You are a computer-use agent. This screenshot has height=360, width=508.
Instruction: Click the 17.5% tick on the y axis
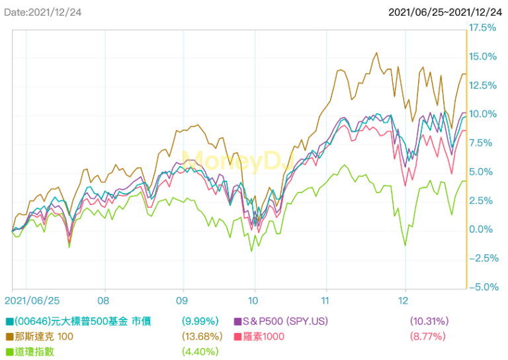tap(483, 28)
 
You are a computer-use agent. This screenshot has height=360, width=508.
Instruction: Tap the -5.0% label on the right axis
tap(483, 287)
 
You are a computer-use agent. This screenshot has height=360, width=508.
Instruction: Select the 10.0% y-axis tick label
tap(483, 114)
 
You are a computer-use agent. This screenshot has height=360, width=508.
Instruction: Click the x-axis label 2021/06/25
tap(36, 299)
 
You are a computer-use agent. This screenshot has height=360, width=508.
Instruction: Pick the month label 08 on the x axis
tap(103, 299)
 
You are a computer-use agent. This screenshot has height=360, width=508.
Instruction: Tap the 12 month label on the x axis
tap(405, 299)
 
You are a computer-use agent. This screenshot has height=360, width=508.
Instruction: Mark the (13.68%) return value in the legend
tap(200, 336)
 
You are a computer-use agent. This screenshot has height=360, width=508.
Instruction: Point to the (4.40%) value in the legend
tap(200, 351)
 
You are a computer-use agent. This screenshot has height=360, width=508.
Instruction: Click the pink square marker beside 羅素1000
tap(238, 336)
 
